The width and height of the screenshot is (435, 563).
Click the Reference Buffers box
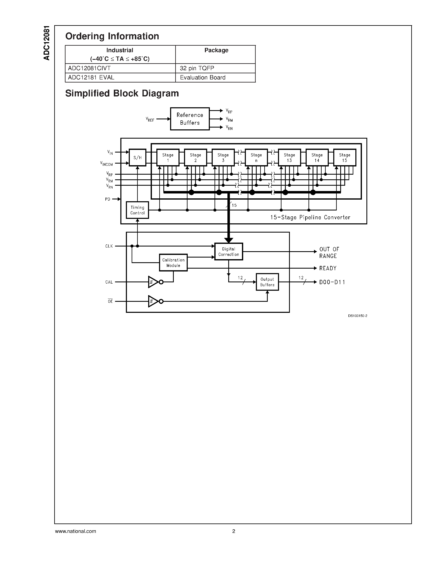pos(190,119)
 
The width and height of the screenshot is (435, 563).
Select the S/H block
pos(137,157)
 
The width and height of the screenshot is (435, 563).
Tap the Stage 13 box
pos(289,157)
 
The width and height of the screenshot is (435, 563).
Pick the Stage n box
pos(256,157)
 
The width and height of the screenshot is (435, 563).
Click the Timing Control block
pos(137,210)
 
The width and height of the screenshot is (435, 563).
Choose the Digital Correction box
pos(229,252)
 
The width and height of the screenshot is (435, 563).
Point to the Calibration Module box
pos(173,263)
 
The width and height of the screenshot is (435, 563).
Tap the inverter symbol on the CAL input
pos(154,282)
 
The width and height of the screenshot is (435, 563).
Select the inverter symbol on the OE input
pos(154,301)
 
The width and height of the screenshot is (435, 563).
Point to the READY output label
pos(328,268)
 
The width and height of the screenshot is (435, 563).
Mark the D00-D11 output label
pos(332,282)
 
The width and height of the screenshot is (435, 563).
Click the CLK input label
pos(109,246)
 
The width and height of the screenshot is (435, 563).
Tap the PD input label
pos(107,199)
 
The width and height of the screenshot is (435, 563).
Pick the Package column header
pos(216,50)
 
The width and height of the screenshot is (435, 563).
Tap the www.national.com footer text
pos(76,531)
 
